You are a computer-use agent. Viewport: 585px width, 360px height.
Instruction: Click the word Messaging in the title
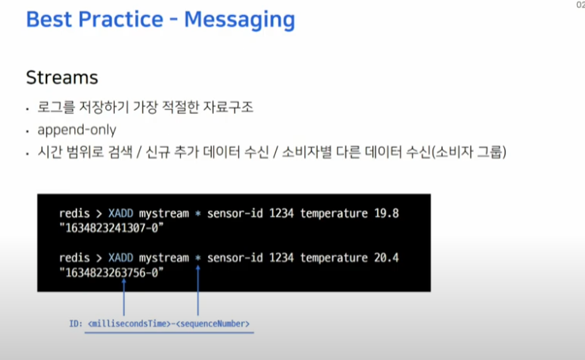[240, 20]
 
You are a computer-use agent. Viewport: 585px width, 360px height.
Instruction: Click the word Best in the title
[48, 20]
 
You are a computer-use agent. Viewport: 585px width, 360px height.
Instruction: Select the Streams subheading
[62, 78]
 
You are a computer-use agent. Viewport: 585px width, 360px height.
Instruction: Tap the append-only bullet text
[77, 130]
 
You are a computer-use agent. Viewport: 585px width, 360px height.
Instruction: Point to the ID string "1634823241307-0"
[111, 228]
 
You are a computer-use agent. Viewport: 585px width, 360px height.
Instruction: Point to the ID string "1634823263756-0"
[111, 273]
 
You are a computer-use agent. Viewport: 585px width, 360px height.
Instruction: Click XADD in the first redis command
[120, 214]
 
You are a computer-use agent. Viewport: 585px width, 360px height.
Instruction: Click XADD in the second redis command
[120, 258]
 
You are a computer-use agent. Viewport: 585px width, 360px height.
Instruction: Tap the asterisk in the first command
[198, 214]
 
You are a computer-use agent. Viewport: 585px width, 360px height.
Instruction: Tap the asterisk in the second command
[198, 258]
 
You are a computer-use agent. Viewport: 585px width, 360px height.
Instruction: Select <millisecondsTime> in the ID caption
[129, 324]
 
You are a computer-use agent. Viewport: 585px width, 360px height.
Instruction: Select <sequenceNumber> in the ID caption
[213, 324]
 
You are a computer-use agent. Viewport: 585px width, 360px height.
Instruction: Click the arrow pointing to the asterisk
[198, 290]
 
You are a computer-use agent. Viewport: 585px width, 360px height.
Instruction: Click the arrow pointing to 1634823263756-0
[124, 297]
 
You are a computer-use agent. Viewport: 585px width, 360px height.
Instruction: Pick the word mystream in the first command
[164, 214]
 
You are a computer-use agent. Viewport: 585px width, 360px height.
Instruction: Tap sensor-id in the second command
[235, 258]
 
